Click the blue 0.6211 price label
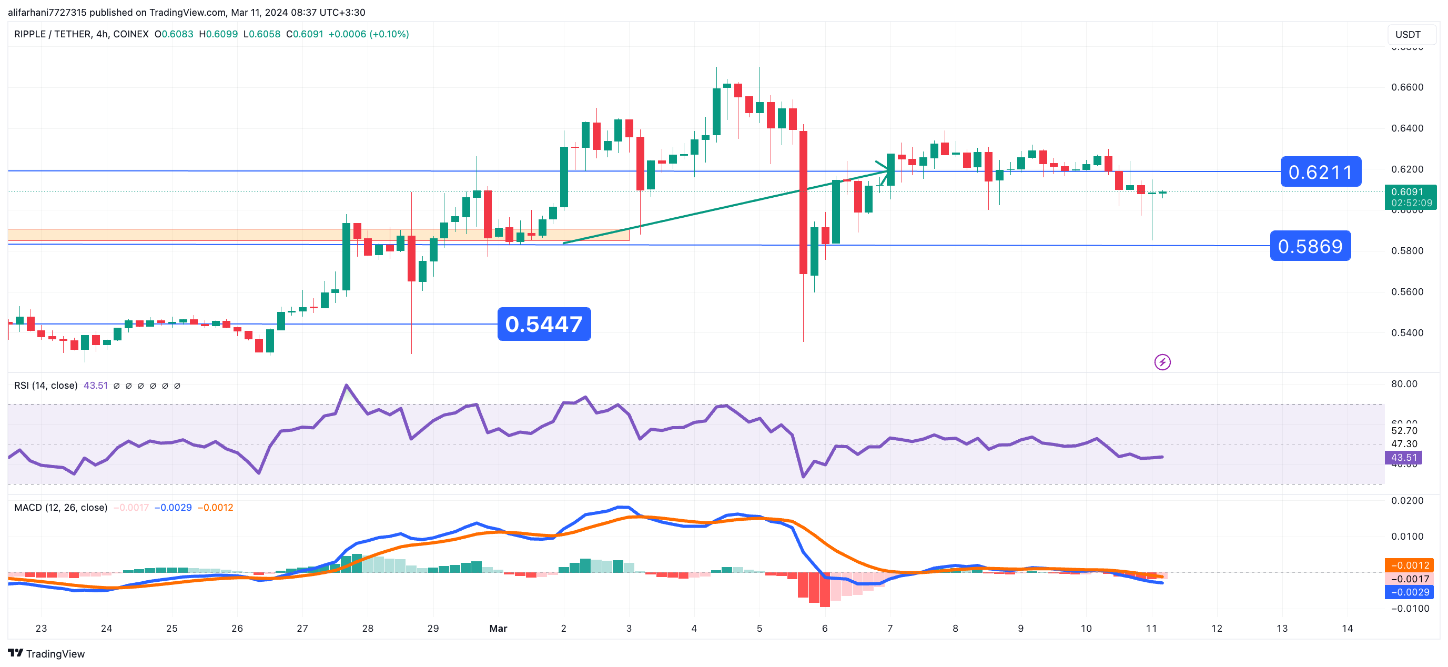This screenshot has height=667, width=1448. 1320,171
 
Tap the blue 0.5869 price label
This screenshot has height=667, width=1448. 1310,246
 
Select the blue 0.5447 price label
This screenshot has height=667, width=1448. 543,324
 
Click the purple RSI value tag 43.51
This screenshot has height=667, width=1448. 1404,457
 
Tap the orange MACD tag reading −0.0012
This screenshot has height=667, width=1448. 1409,565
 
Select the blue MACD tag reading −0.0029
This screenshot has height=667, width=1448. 1409,592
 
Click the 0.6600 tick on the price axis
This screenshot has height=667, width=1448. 1407,87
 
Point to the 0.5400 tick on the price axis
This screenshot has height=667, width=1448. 1407,333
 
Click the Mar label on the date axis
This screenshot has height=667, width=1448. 498,628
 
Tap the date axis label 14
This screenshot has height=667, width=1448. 1347,628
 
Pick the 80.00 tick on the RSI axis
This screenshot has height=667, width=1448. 1404,384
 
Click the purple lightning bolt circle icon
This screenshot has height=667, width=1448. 1162,362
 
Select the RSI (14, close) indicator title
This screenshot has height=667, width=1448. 46,385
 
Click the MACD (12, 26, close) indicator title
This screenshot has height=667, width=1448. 60,507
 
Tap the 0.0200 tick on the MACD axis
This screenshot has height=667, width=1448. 1407,501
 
